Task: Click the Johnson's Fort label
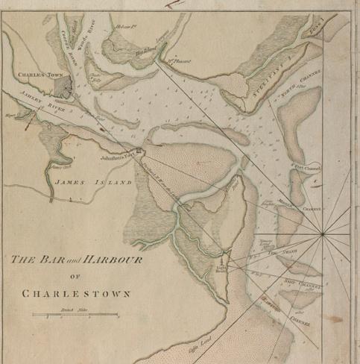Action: point(119,156)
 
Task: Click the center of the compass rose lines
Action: point(322,235)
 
